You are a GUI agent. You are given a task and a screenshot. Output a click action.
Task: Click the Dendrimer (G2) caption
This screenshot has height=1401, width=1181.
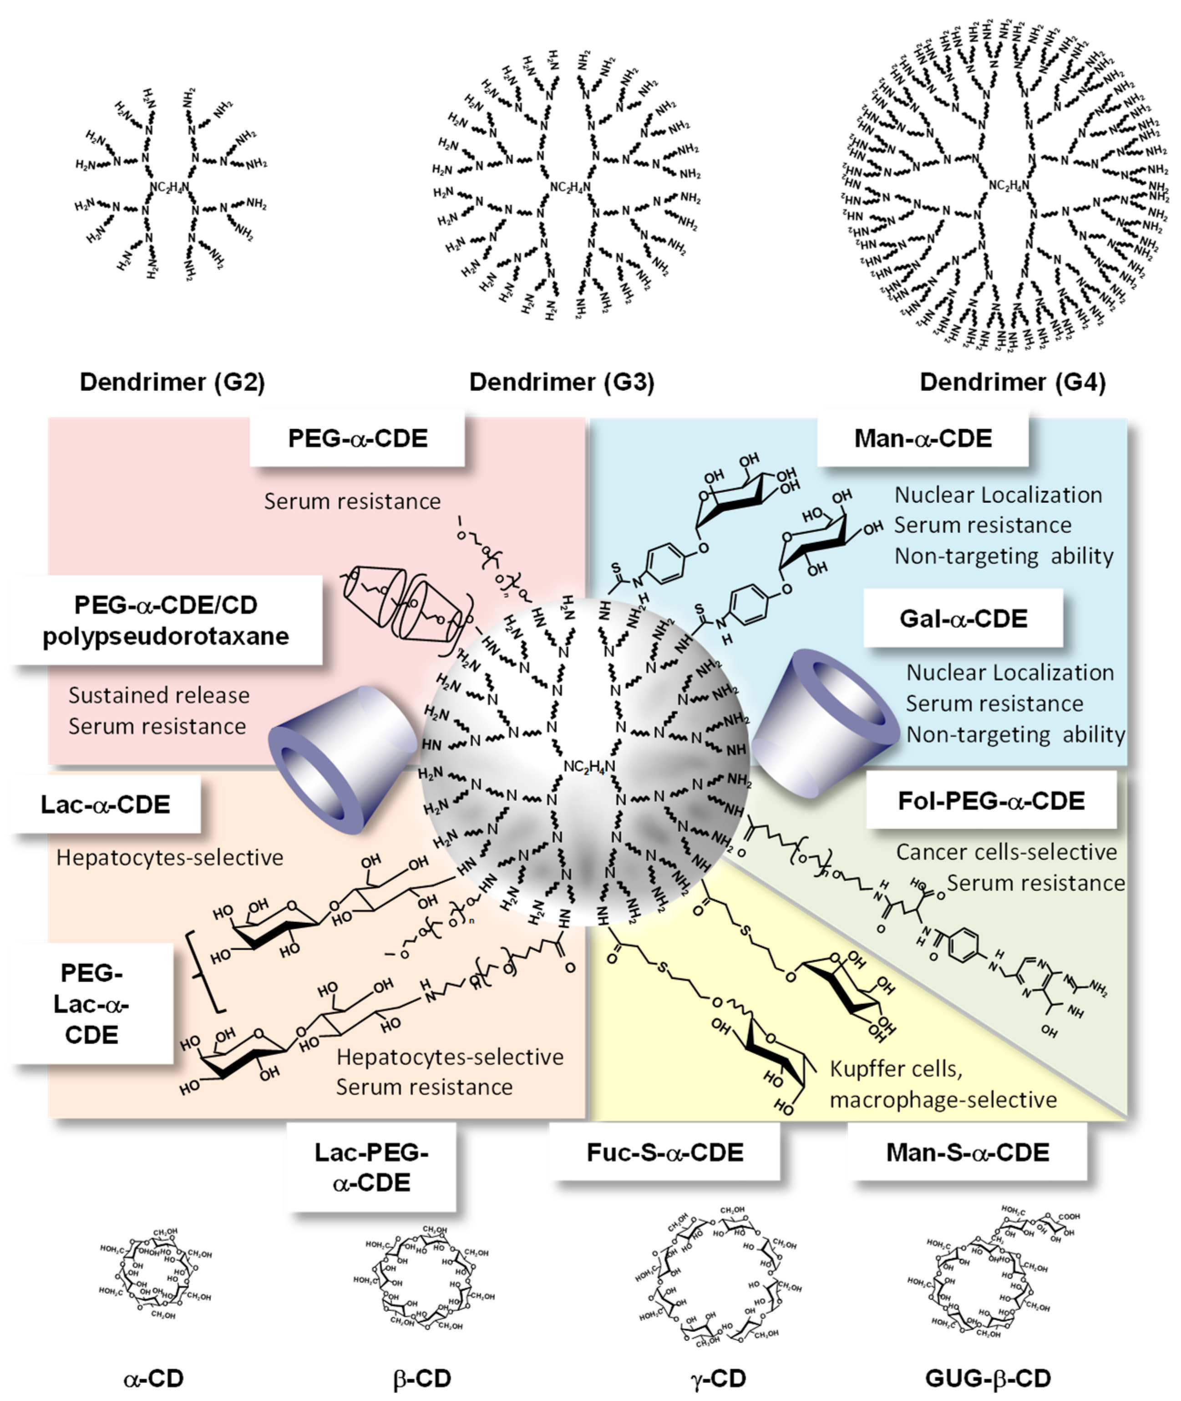point(172,382)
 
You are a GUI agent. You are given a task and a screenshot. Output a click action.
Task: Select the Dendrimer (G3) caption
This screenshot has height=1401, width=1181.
point(561,382)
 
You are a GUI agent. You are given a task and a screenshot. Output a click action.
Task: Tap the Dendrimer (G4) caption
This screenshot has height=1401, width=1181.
point(1012,382)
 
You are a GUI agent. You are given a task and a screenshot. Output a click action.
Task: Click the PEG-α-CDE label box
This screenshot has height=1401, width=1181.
point(358,439)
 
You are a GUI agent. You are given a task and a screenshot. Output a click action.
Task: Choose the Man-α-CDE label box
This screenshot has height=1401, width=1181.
point(922,439)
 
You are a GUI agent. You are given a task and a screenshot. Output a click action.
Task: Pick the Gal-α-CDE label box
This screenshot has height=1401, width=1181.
point(963,618)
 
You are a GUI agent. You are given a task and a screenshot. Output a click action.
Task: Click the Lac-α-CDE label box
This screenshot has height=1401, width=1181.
point(105,804)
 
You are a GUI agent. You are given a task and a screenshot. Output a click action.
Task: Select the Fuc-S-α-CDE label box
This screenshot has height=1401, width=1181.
point(665,1152)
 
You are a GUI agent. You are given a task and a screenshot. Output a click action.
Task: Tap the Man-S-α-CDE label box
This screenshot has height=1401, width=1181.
point(968,1152)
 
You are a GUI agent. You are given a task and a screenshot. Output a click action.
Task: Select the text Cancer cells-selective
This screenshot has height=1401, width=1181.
point(1006,852)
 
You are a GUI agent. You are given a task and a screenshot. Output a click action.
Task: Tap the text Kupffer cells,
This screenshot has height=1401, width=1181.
point(896,1069)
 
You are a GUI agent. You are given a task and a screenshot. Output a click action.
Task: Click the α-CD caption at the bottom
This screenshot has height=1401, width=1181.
point(153,1378)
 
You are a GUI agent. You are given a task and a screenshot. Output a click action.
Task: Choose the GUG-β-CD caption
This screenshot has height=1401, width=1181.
point(988,1378)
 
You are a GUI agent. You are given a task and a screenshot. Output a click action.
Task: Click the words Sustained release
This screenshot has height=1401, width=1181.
point(159,695)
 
